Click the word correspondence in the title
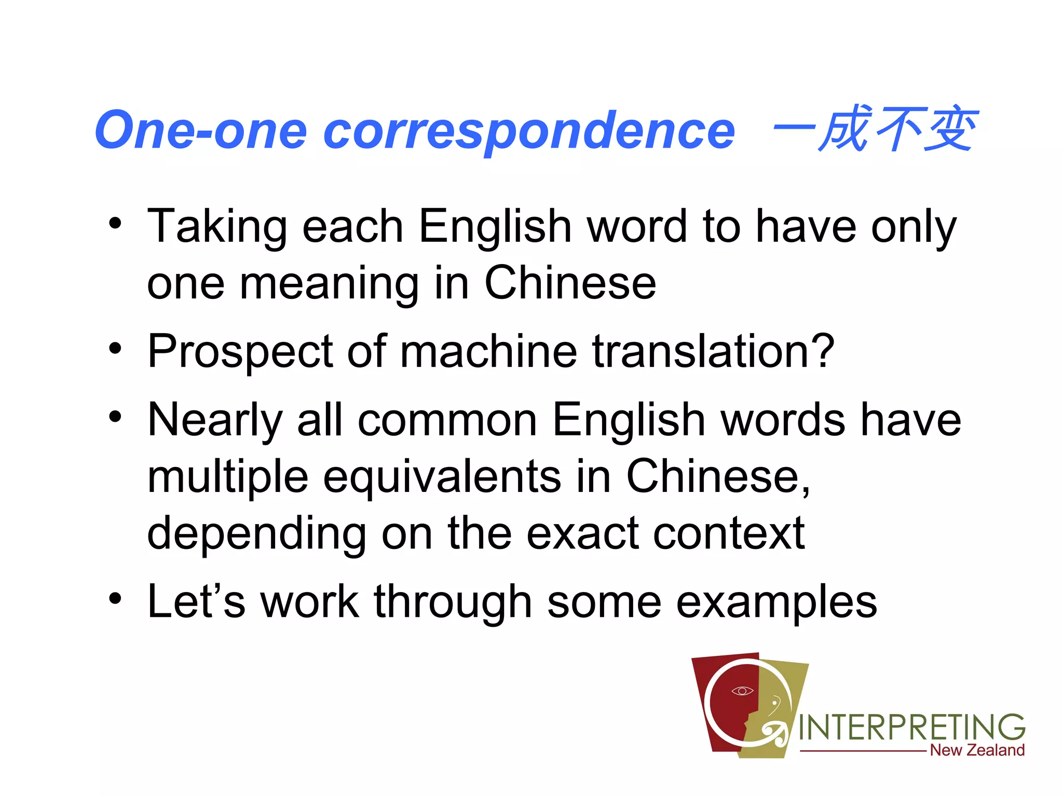coord(529,132)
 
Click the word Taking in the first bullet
coord(217,227)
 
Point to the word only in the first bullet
coord(914,227)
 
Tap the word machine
coord(488,352)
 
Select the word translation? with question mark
coord(713,352)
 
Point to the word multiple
coord(228,477)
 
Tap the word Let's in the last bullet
coord(196,602)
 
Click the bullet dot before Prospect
coord(115,348)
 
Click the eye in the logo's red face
coord(742,691)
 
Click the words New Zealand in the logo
coord(977,750)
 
